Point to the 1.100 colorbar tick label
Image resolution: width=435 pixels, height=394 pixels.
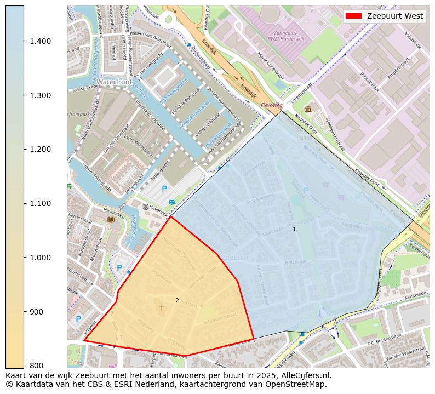pyautogui.click(x=39, y=203)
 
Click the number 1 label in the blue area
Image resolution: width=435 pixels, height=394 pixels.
pyautogui.click(x=294, y=229)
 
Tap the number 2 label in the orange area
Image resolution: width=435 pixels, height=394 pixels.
pyautogui.click(x=177, y=300)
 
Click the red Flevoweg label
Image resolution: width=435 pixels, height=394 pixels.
pyautogui.click(x=271, y=104)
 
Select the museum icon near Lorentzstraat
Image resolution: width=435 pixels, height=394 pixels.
pyautogui.click(x=308, y=109)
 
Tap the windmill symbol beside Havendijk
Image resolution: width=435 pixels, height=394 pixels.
pyautogui.click(x=145, y=207)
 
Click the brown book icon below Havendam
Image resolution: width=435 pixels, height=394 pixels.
pyautogui.click(x=111, y=219)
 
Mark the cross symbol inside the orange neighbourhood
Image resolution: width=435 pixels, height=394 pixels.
pyautogui.click(x=161, y=308)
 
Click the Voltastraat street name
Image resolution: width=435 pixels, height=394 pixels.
pyautogui.click(x=411, y=41)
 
